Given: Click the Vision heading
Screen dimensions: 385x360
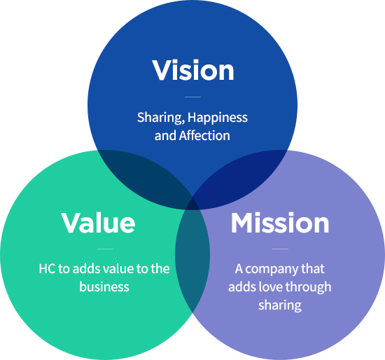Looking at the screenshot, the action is point(193,70).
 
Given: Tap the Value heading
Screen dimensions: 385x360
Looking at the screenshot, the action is point(98,223).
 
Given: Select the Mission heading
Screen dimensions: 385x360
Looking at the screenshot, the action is point(280,223).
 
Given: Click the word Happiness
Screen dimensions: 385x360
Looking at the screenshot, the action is point(218,118).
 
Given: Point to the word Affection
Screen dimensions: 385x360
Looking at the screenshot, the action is point(204,135).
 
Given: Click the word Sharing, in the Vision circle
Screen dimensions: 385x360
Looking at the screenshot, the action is point(161,118).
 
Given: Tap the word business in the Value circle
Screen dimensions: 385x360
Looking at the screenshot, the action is point(104,286).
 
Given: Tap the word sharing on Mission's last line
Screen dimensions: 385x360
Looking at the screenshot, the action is point(280,305).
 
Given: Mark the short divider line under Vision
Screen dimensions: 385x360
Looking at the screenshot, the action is point(192,97).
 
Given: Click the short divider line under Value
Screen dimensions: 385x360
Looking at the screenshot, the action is point(105,249).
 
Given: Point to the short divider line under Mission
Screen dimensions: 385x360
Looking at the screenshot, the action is point(280,249).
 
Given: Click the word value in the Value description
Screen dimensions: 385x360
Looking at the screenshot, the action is point(118,269).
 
